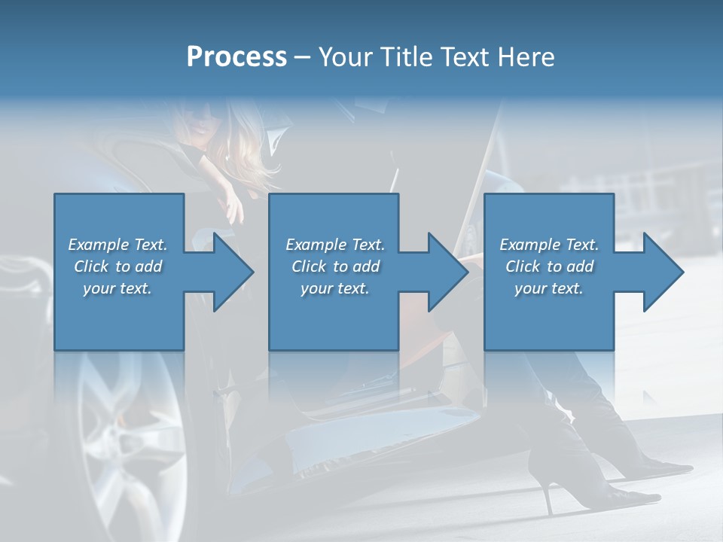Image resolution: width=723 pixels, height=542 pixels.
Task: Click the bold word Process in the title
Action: (236, 57)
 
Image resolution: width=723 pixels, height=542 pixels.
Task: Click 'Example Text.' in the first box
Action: (117, 245)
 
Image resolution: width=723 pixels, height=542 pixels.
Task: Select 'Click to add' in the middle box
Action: (335, 266)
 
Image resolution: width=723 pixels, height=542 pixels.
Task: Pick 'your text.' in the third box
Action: (548, 288)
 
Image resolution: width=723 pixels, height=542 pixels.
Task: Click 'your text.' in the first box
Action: (117, 288)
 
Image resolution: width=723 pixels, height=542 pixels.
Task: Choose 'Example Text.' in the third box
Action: (548, 245)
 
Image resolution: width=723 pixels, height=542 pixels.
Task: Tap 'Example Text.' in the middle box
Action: (335, 245)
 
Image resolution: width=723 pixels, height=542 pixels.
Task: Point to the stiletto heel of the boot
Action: (545, 493)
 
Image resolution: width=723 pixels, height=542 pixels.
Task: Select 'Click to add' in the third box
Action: (549, 266)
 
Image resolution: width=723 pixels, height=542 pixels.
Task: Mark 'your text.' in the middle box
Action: (335, 288)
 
